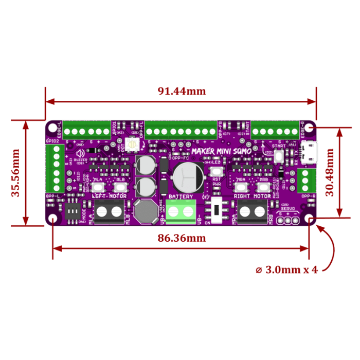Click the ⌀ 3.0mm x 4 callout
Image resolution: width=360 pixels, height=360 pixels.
286,269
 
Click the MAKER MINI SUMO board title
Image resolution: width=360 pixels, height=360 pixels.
221,151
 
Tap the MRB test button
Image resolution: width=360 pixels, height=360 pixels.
263,187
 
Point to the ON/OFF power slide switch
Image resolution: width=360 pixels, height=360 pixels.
220,210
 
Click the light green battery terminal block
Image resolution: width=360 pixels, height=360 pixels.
181,211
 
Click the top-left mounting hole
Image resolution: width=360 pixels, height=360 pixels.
53,126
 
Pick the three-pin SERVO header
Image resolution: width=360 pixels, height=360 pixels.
287,220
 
